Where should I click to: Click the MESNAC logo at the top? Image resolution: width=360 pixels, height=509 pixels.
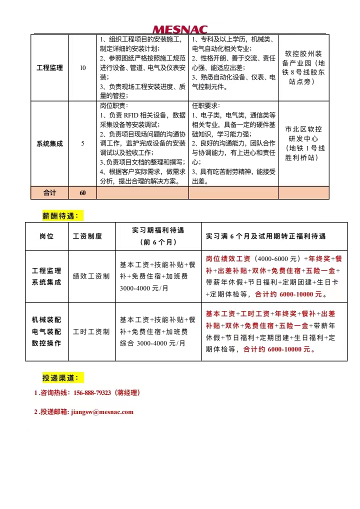tap(179, 30)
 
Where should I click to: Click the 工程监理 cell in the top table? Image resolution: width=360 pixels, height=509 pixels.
tap(49, 68)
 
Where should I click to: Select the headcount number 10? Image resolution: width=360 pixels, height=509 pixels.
tap(82, 68)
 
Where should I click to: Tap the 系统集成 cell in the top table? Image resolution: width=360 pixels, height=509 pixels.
tap(49, 143)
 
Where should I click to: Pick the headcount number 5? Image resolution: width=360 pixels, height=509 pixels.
tap(82, 143)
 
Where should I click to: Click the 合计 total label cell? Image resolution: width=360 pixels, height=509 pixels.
tap(49, 192)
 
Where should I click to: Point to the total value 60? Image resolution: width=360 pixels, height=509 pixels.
tap(82, 192)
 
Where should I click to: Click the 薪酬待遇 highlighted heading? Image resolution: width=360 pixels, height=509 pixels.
tap(63, 215)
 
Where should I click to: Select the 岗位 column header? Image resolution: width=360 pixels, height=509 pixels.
tap(46, 236)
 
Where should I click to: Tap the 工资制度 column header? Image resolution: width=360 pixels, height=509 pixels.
tap(87, 236)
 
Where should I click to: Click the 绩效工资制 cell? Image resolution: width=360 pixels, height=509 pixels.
tap(91, 276)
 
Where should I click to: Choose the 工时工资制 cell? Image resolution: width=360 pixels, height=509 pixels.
tap(91, 331)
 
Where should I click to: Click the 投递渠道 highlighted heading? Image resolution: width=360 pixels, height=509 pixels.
tap(63, 378)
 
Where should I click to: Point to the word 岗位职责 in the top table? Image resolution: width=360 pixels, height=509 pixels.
tap(113, 105)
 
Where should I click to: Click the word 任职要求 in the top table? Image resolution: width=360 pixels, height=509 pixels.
tap(205, 105)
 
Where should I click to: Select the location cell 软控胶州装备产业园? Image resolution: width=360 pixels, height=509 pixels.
tap(304, 67)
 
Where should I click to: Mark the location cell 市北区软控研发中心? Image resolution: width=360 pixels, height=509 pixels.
tap(304, 143)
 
